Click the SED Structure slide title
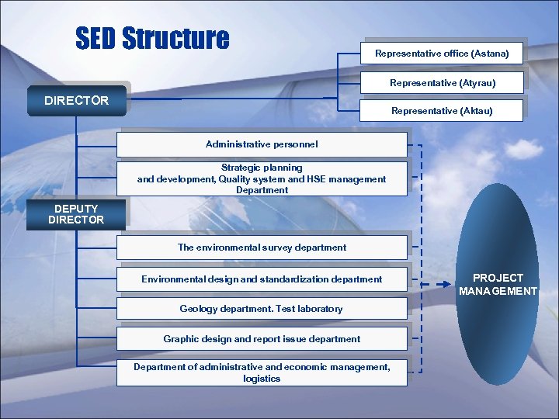click(x=152, y=38)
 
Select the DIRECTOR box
click(x=76, y=100)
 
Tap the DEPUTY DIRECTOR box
click(x=75, y=214)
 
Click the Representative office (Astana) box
click(x=442, y=54)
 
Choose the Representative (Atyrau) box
click(x=442, y=82)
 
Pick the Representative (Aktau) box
click(x=442, y=111)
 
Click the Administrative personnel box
click(x=262, y=144)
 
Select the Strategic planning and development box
click(x=262, y=178)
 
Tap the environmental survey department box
click(x=262, y=248)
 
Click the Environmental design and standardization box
click(x=262, y=279)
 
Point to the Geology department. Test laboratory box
click(x=262, y=309)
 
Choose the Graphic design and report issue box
click(x=262, y=339)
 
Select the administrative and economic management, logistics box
click(x=262, y=372)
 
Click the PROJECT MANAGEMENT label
click(x=498, y=284)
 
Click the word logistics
click(x=262, y=379)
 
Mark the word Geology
click(x=197, y=309)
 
